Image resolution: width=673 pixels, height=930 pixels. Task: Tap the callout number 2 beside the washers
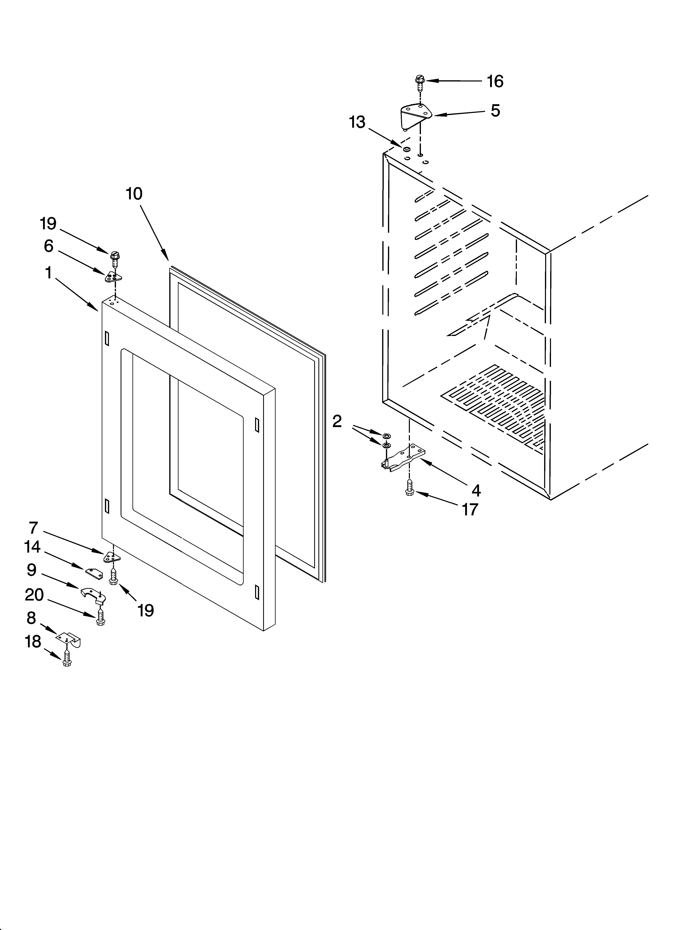337,421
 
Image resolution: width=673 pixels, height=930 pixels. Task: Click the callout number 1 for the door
49,273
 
